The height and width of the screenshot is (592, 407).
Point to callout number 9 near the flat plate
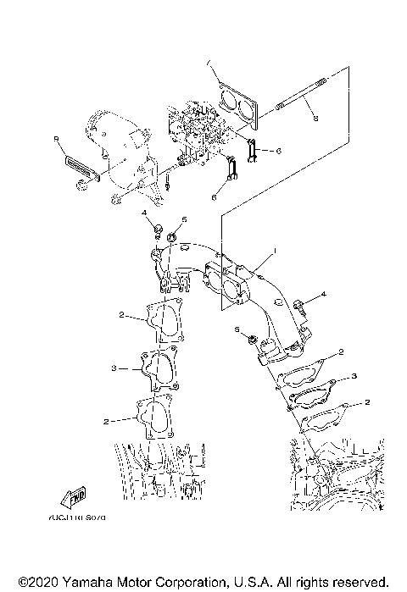(x=56, y=137)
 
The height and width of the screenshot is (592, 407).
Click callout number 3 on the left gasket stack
(x=113, y=368)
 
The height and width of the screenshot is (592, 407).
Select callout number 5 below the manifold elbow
(x=237, y=329)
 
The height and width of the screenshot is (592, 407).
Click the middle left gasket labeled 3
(x=157, y=369)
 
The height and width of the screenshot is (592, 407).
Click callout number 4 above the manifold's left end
(x=144, y=212)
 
